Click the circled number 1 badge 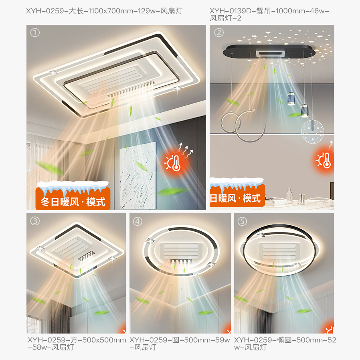35,32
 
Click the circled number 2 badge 219,32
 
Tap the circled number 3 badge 35,221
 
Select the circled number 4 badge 138,222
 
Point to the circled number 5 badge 242,222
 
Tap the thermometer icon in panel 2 324,160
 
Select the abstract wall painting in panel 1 138,176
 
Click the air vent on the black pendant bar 270,54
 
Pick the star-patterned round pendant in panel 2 312,131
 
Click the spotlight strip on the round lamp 181,261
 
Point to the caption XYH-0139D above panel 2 269,14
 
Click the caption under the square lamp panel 77,344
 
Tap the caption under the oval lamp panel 285,344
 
